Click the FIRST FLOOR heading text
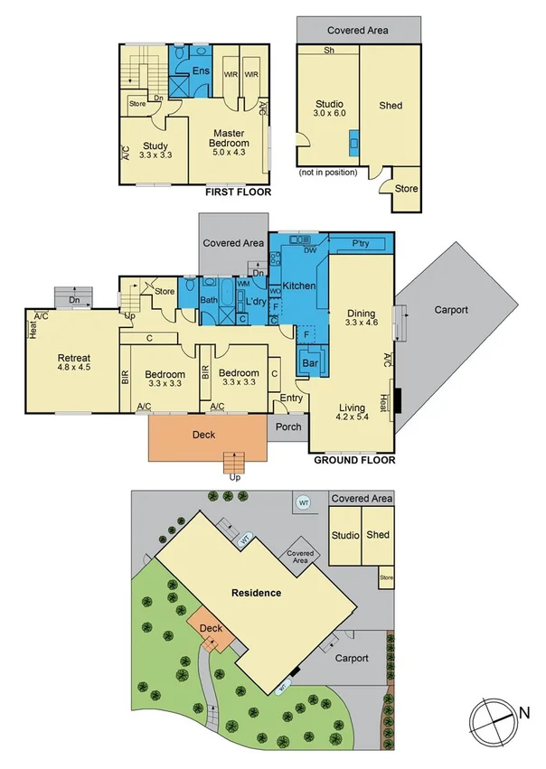point(238,192)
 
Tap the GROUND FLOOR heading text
point(353,460)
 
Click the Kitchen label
point(299,286)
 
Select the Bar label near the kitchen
point(311,363)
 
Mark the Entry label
point(292,398)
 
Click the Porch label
point(288,428)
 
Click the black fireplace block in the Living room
point(395,399)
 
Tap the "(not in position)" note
point(327,172)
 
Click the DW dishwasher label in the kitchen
point(309,250)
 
